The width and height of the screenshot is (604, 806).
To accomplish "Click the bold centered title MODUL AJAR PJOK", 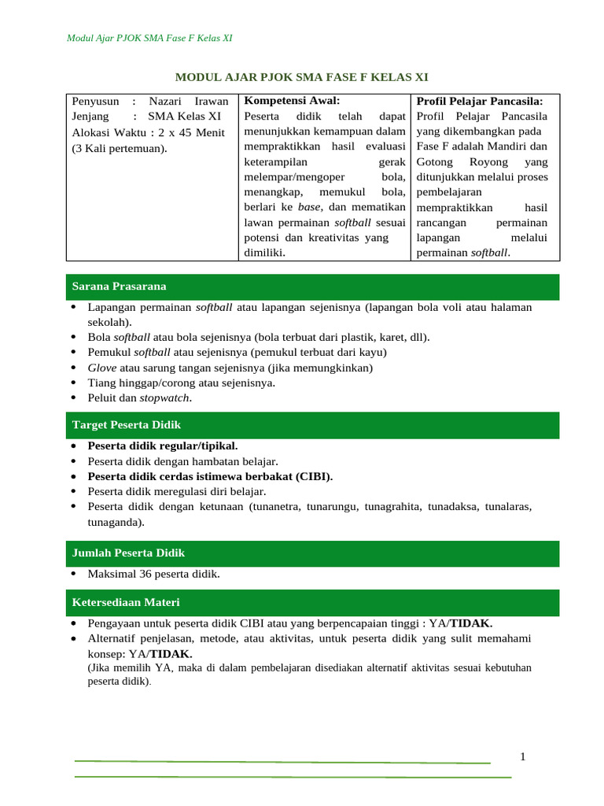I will (301, 76).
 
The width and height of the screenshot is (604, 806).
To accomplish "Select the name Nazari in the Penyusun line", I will (168, 101).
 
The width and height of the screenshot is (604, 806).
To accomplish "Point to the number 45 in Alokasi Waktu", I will (179, 131).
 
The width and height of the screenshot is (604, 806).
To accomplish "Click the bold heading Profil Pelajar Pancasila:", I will (479, 101).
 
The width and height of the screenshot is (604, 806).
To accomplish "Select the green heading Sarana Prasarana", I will (119, 286).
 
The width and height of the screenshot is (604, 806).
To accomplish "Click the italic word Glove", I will (101, 368).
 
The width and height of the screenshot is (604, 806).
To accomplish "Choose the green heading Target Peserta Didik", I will (127, 424).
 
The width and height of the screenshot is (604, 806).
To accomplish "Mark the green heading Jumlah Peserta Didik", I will (128, 553).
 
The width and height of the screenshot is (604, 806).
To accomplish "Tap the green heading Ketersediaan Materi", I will (126, 602).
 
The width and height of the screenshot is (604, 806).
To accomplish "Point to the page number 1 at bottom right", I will (522, 756).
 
